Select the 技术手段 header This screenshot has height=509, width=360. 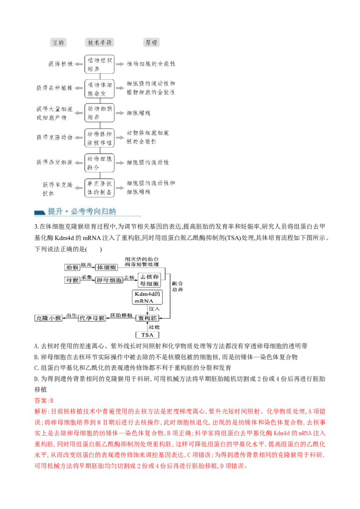(99, 43)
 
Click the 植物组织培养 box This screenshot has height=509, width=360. (99, 64)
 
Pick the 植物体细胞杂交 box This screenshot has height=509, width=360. (99, 88)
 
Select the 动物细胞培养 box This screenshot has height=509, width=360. (99, 112)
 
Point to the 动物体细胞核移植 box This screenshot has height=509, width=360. (99, 138)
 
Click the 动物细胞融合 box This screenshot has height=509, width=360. (99, 161)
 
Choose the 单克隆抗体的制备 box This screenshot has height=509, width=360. (99, 188)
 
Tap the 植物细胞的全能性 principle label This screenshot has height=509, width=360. (151, 64)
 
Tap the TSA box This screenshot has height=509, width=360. (148, 335)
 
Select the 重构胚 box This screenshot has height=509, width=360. (148, 318)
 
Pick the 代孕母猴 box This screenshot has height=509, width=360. (92, 318)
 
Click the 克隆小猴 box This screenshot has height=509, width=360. (49, 318)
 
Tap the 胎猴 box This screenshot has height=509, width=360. (72, 267)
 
